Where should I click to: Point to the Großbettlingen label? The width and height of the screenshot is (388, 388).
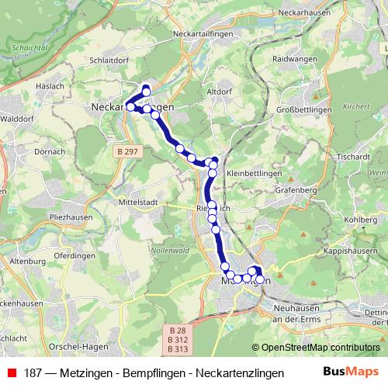pyautogui.click(x=304, y=110)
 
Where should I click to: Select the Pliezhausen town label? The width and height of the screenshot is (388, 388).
pyautogui.click(x=71, y=218)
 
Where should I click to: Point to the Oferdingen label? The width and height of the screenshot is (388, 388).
pyautogui.click(x=75, y=255)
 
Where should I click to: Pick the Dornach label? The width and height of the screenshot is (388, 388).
pyautogui.click(x=50, y=151)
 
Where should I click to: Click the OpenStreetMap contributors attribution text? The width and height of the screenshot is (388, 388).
pyautogui.click(x=319, y=348)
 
